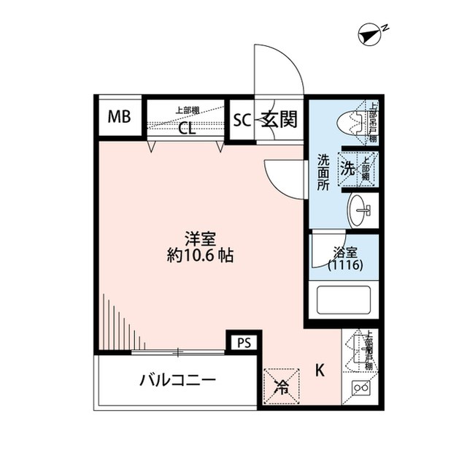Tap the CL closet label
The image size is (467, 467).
point(187,129)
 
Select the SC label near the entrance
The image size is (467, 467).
point(242,120)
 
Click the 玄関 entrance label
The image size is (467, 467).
point(279,120)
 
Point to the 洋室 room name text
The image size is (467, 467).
point(199,238)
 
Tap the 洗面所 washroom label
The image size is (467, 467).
point(323,173)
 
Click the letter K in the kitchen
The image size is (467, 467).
point(320,370)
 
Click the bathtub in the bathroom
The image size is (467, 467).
point(343,300)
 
